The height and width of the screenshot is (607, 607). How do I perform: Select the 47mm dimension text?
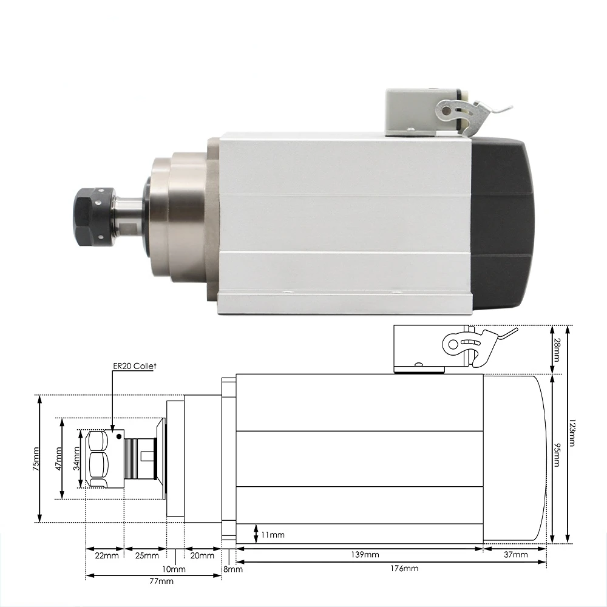59,459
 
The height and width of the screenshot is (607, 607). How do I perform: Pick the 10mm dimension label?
174,569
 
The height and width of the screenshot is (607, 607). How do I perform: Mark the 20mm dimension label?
202,555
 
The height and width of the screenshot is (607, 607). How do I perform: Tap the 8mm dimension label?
232,569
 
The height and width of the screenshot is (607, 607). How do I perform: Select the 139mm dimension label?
364,555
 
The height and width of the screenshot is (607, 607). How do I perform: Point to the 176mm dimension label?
404,569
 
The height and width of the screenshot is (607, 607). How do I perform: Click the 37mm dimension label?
515,555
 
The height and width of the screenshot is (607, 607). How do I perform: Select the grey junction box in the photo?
419,113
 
